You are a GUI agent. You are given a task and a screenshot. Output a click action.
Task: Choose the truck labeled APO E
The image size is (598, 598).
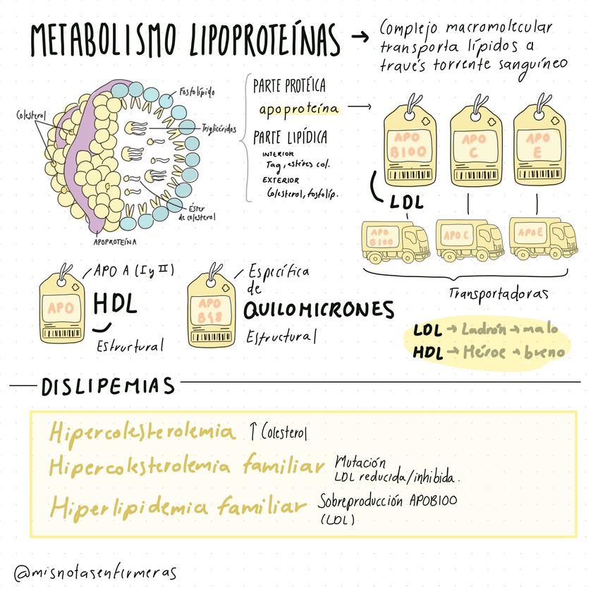[542, 238]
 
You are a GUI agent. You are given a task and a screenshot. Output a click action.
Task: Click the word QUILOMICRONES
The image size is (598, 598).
[318, 310]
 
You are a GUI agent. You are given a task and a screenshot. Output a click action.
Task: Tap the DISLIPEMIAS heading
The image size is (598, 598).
[108, 386]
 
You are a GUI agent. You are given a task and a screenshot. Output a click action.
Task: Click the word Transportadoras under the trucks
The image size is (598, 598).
[499, 291]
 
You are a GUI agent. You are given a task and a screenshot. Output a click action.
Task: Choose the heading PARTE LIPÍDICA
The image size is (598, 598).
[290, 137]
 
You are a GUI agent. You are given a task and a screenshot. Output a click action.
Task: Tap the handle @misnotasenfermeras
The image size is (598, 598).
[95, 572]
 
